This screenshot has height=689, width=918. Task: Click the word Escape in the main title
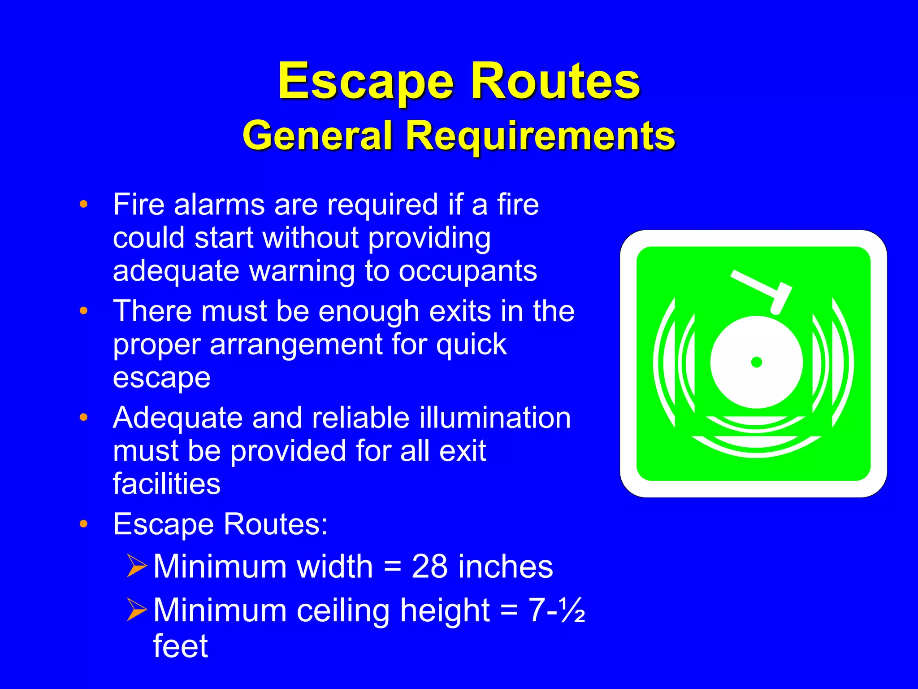(x=366, y=82)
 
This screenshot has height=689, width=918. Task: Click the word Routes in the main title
(x=555, y=82)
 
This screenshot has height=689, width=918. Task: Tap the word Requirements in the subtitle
(x=540, y=135)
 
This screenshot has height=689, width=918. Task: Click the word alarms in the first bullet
(x=220, y=205)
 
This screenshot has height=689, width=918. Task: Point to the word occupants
(x=468, y=271)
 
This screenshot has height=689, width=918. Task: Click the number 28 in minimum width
(x=429, y=567)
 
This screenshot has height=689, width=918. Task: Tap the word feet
(x=180, y=646)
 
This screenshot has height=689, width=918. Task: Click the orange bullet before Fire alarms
(x=83, y=205)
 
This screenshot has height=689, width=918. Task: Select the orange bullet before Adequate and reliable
(x=83, y=418)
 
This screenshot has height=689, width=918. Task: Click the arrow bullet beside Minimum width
(x=136, y=566)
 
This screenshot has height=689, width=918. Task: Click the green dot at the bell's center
(x=757, y=362)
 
